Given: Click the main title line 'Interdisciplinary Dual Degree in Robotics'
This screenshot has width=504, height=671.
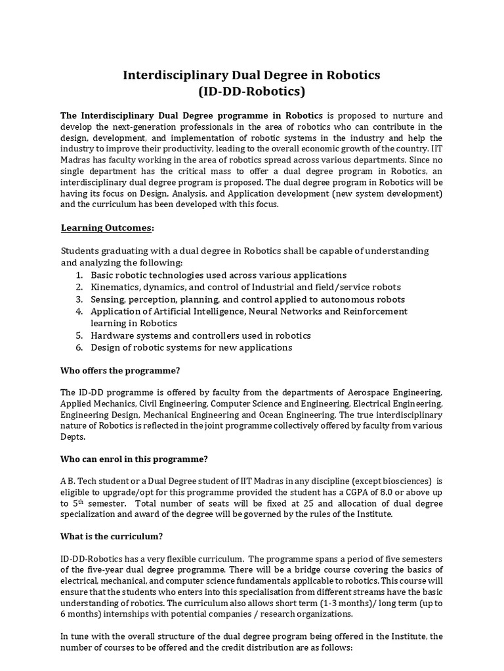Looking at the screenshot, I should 251,75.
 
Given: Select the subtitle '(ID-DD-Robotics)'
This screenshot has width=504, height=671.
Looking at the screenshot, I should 251,91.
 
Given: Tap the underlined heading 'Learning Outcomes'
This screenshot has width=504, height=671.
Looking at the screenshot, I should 107,227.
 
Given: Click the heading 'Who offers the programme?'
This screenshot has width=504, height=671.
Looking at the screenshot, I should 120,370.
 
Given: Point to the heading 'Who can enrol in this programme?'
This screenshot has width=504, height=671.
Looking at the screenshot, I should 135,459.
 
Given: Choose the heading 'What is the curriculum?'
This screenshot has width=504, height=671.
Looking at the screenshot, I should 112,536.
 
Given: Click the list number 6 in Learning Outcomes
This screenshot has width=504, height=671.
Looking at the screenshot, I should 79,347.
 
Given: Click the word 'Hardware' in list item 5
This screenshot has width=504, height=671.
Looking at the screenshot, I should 111,335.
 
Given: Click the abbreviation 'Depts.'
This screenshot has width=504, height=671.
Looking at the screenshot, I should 73,436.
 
